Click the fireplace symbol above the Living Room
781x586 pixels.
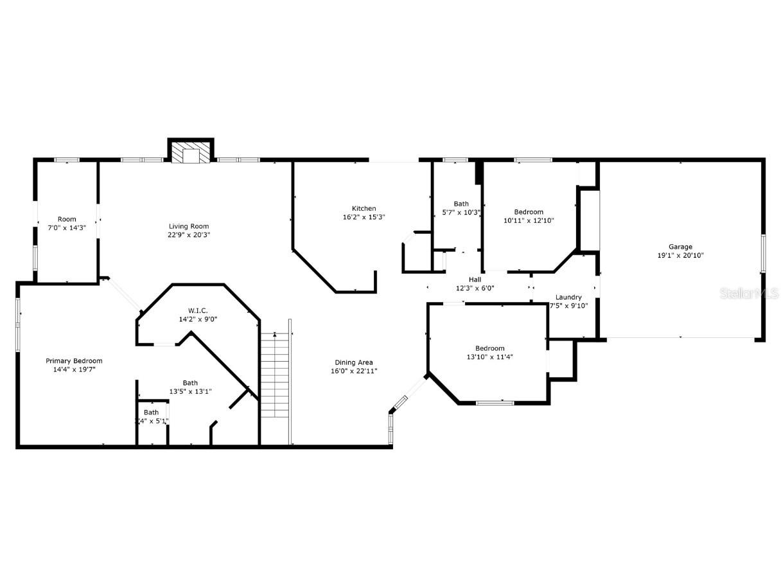(x=190, y=152)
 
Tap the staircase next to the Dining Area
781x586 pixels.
(x=276, y=376)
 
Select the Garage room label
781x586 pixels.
(x=680, y=247)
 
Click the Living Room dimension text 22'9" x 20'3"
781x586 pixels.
(x=189, y=235)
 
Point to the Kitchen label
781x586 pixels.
(x=364, y=208)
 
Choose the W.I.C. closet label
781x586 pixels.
(x=198, y=310)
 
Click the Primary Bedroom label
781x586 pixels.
(x=74, y=361)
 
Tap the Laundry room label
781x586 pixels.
(x=568, y=297)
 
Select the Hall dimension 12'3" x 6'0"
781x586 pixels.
(x=475, y=289)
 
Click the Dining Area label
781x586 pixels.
(x=353, y=362)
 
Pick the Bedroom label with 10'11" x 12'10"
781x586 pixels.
(x=529, y=212)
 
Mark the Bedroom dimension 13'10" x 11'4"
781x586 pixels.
(x=489, y=357)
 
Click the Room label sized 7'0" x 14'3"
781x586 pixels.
(x=67, y=219)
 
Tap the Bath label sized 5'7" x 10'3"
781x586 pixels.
(x=461, y=204)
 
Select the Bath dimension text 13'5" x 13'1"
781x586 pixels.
(x=190, y=391)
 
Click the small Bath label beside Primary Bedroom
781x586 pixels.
(x=151, y=413)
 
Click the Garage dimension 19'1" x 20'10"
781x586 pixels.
(x=680, y=255)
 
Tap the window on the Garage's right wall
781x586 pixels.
(x=763, y=253)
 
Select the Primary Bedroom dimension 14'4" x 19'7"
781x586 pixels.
(x=74, y=369)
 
